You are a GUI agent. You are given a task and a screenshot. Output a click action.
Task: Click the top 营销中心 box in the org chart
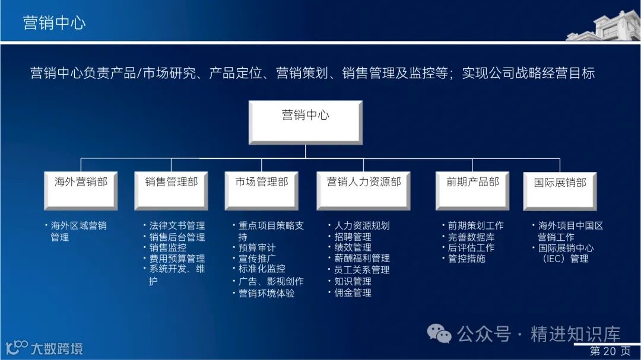[305, 122]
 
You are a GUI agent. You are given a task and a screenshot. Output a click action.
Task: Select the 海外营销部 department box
[81, 189]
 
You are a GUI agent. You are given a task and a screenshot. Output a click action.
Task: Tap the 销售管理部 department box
[171, 189]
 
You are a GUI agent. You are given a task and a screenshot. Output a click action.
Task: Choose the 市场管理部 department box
[262, 189]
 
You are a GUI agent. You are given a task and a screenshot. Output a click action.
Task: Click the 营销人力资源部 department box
[364, 189]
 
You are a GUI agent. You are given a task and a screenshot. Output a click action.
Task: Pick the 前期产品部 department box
[472, 189]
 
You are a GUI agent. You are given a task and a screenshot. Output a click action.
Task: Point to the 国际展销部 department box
[559, 190]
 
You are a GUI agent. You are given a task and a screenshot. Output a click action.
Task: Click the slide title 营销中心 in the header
[54, 23]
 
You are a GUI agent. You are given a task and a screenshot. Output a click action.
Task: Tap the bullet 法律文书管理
[176, 226]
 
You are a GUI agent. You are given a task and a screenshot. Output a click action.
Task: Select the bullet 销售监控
[167, 248]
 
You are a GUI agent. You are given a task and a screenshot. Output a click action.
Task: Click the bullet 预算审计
[256, 248]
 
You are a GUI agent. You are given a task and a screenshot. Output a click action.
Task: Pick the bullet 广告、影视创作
[270, 281]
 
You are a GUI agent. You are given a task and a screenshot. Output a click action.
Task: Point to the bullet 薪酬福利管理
[361, 259]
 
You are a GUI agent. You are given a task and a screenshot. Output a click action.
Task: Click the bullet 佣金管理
[353, 292]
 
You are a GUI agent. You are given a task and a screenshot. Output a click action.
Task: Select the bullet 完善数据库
[471, 237]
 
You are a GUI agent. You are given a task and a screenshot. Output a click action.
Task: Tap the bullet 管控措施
[467, 259]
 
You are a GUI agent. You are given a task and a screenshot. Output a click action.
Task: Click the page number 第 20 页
[610, 351]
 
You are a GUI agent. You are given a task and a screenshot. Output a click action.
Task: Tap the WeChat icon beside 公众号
[440, 333]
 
